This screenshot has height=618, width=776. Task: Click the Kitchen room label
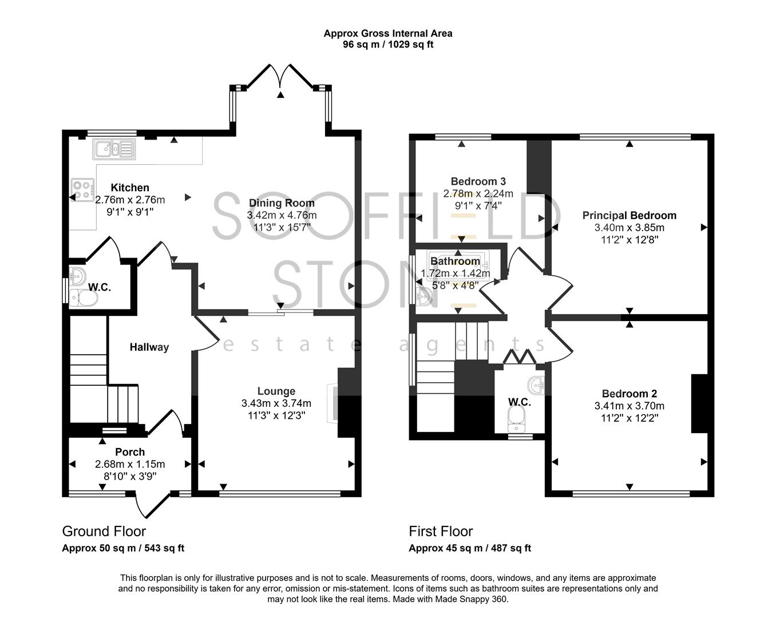point(130,188)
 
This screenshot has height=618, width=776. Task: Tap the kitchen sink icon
point(113,149)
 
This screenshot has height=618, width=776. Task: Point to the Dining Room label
point(282,203)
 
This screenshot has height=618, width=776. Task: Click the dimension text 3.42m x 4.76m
point(282,215)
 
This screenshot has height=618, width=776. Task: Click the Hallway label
point(149,347)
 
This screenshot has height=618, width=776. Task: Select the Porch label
point(130,452)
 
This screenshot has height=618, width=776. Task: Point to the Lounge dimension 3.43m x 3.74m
point(276,403)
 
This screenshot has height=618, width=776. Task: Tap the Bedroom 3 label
point(478,181)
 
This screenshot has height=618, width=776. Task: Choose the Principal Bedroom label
point(629,216)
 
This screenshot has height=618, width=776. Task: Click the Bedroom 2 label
point(629,394)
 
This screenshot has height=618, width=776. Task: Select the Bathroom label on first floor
point(455,262)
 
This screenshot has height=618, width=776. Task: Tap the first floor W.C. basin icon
point(536,385)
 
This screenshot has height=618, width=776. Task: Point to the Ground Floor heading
point(104,532)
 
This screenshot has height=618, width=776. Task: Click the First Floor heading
point(441,532)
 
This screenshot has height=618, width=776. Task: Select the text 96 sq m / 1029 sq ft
point(387,45)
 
